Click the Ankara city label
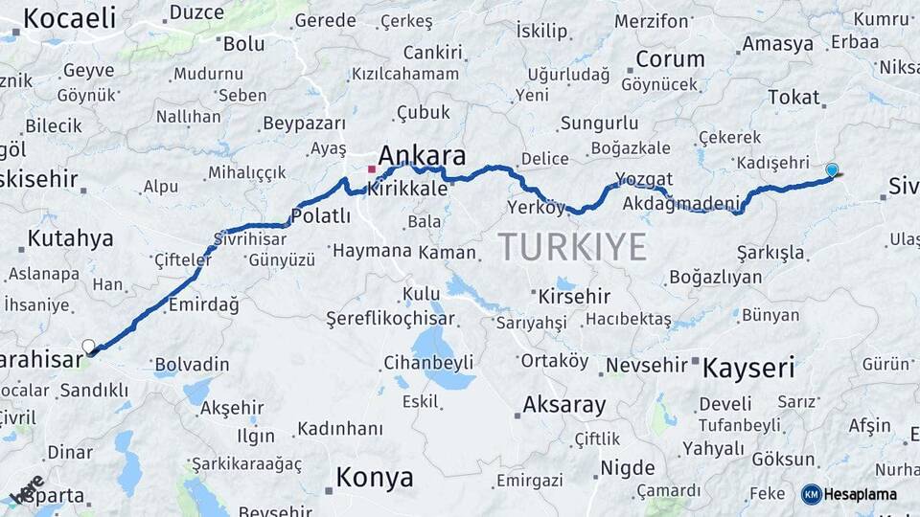click(422, 156)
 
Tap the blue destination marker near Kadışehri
click(832, 170)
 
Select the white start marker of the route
click(89, 346)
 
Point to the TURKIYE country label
click(572, 247)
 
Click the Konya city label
click(374, 477)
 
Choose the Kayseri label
click(748, 367)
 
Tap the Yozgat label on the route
click(644, 180)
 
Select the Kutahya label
click(71, 238)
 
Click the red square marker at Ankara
click(372, 169)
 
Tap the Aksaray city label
click(564, 405)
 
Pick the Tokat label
click(793, 97)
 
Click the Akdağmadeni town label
click(681, 203)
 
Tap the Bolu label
click(243, 43)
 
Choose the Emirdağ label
click(203, 304)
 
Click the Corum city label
click(670, 58)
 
